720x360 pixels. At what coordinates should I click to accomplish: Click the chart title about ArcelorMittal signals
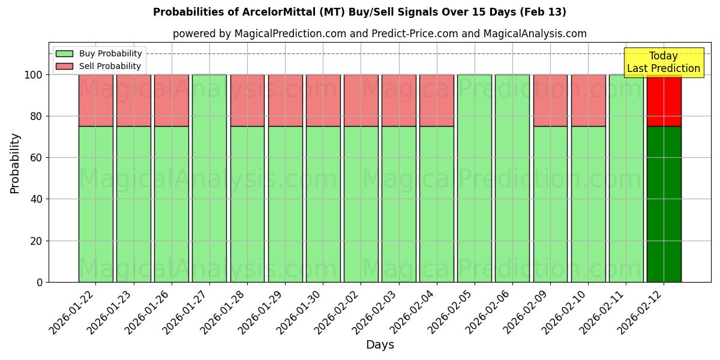click(x=359, y=12)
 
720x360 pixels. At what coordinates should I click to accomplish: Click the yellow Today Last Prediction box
click(x=664, y=62)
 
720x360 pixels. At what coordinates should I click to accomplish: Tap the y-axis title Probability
click(x=15, y=163)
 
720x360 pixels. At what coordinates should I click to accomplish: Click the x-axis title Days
click(x=380, y=345)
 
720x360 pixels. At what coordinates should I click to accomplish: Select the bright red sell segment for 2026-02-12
click(x=664, y=100)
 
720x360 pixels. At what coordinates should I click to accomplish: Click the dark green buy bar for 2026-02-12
click(x=664, y=204)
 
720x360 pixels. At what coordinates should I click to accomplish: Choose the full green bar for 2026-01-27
click(x=209, y=178)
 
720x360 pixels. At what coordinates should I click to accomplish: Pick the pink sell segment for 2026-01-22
click(x=95, y=100)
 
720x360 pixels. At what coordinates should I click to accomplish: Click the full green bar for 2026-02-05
click(x=474, y=178)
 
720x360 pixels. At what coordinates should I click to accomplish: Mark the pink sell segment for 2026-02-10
click(x=588, y=100)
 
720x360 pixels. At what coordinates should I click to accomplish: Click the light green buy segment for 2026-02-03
click(x=398, y=204)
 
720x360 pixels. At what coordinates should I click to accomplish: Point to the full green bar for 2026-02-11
click(x=626, y=178)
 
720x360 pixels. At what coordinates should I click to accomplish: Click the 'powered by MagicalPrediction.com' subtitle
click(x=380, y=34)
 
